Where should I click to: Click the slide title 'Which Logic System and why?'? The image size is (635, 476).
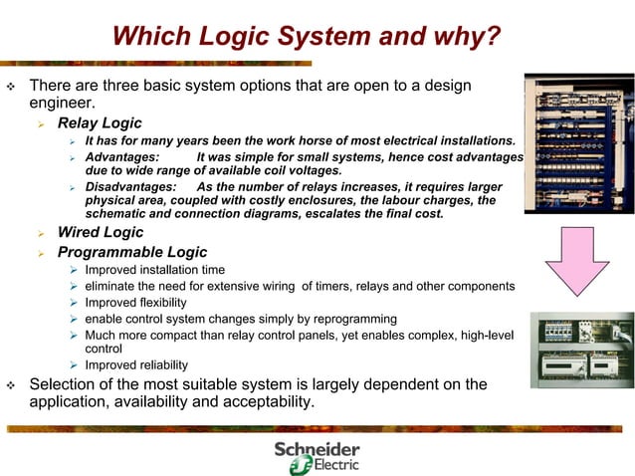306,38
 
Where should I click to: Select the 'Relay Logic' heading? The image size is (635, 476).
100,124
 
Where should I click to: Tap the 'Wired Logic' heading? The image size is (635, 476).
101,233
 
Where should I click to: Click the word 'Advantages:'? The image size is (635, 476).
121,157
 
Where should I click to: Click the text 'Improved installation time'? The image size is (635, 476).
155,271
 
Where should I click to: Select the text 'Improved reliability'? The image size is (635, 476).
136,365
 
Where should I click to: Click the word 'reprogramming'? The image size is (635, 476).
352,319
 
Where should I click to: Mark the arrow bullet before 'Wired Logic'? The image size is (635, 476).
42,234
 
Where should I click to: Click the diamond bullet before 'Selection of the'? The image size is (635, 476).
12,384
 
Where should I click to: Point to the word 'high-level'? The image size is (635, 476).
485,335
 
